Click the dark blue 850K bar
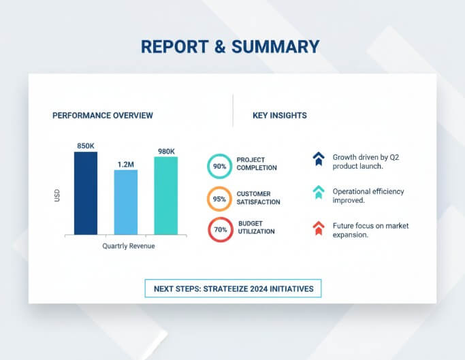pos(86,193)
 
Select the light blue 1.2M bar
pos(125,202)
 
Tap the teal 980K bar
pos(165,196)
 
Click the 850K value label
pos(86,146)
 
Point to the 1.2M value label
pos(126,164)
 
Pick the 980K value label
pos(166,151)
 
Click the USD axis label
pos(57,196)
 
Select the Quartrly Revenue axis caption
pos(128,246)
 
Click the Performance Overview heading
pos(103,116)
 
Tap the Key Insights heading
pos(279,116)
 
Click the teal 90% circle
pos(219,166)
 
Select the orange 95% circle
pos(219,199)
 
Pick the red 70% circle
pos(220,230)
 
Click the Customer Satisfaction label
pos(258,198)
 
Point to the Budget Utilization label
pos(256,227)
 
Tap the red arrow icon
pos(318,229)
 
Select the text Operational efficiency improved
pos(368,196)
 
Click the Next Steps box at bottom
pos(233,289)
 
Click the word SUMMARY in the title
pos(275,46)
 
